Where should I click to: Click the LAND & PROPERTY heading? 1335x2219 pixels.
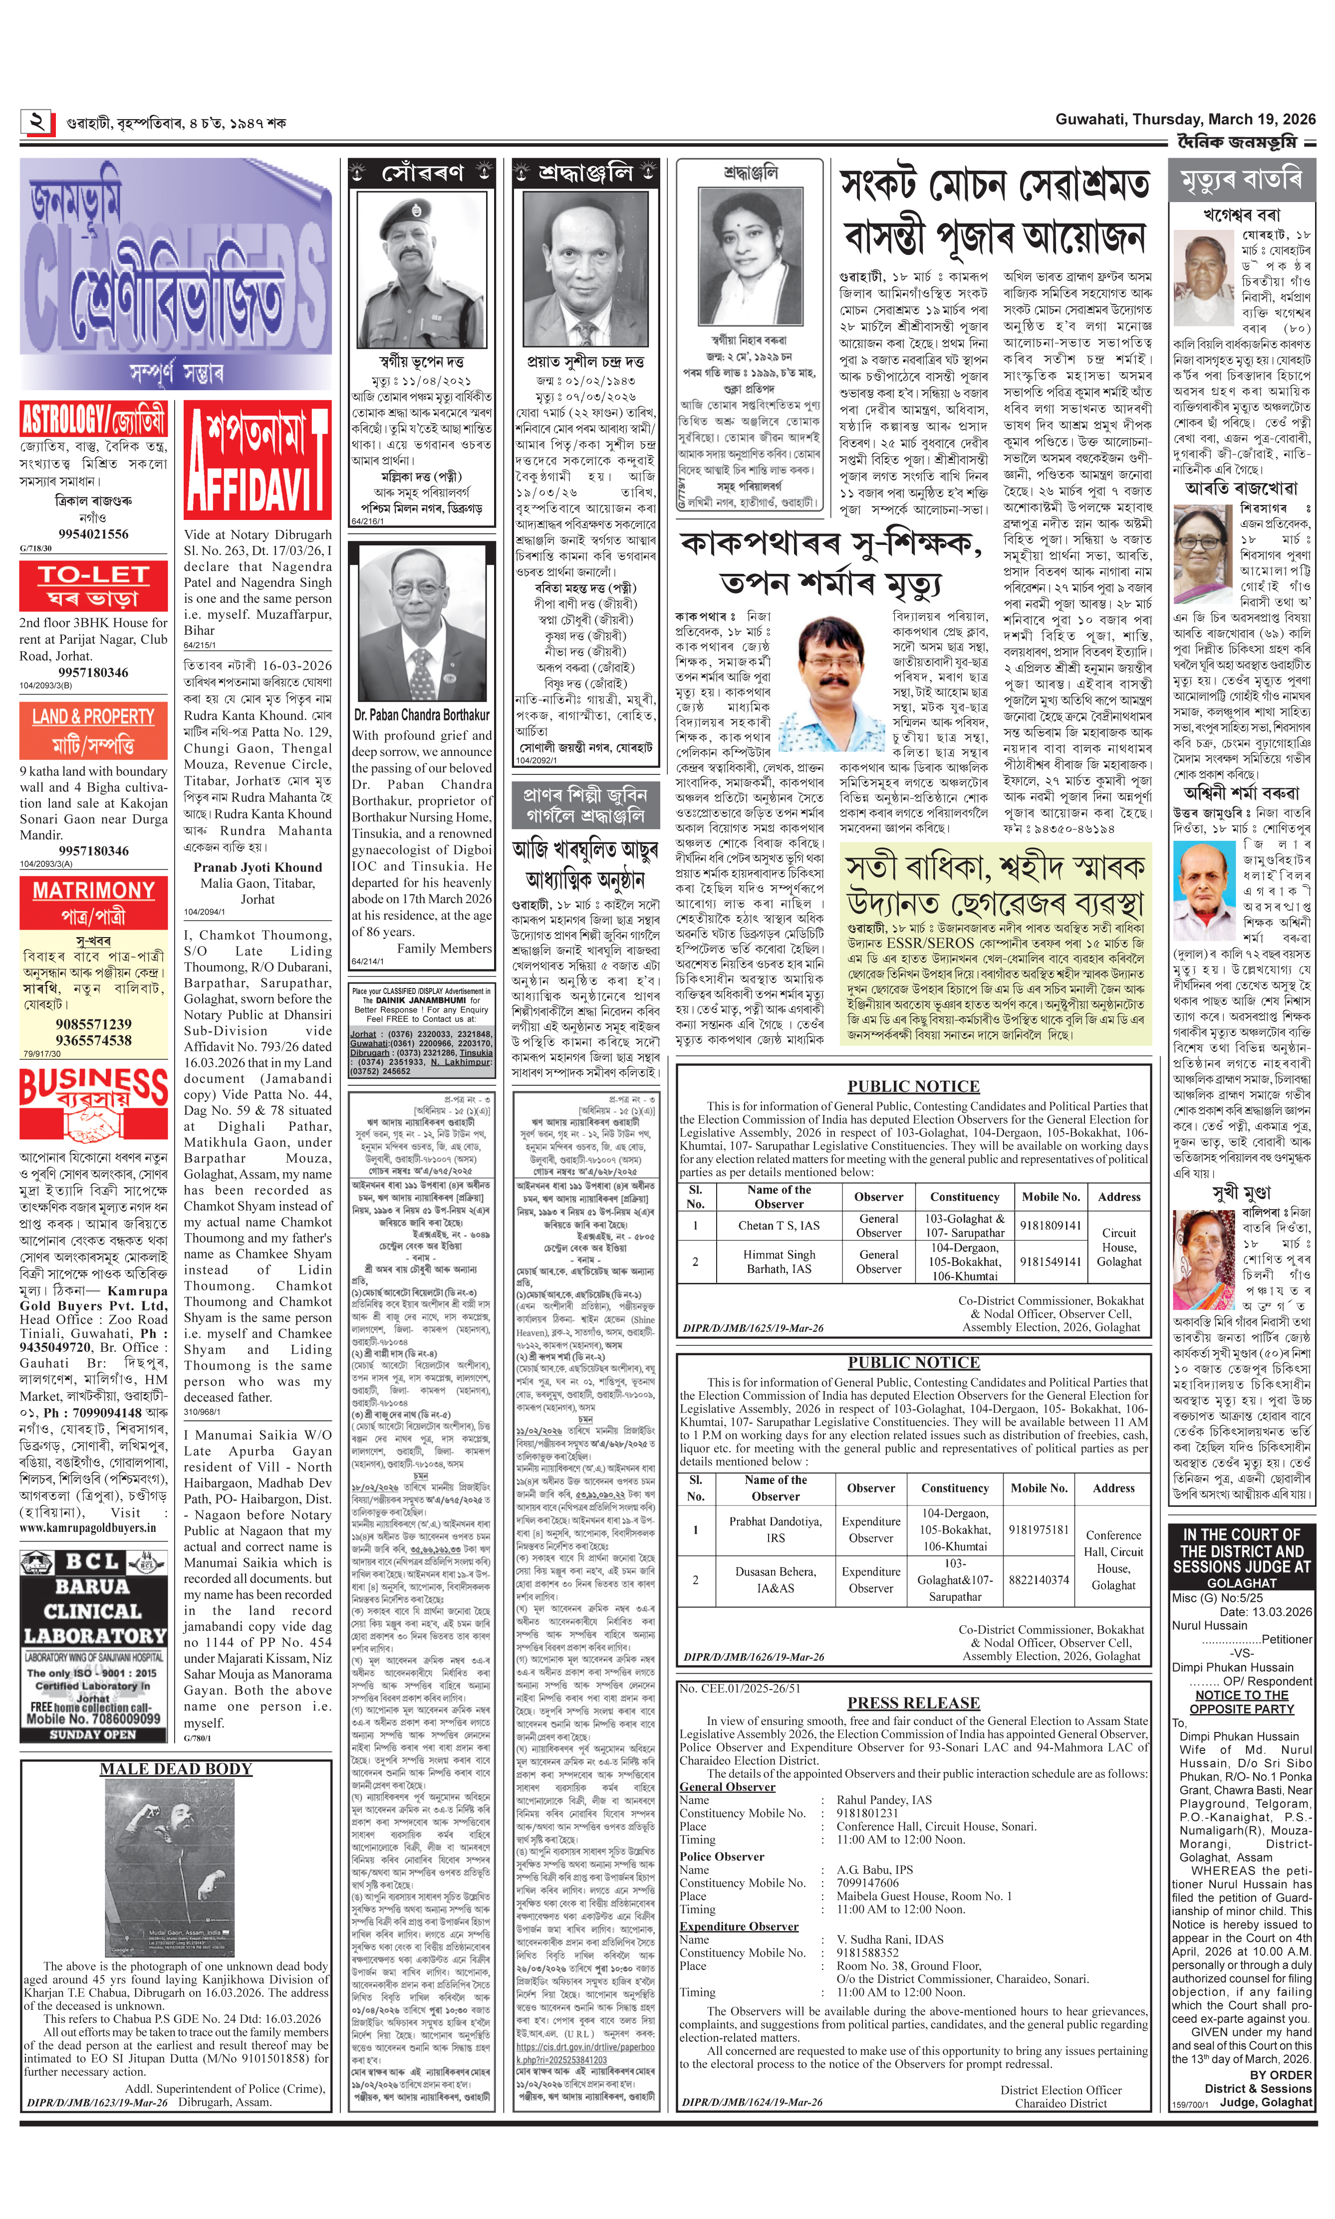pos(93,730)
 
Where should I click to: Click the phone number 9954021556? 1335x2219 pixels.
pos(93,533)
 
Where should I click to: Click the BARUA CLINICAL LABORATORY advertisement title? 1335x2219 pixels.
pos(93,1611)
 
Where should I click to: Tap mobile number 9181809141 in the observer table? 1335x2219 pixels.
pos(1050,1225)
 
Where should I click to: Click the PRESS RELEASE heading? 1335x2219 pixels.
pos(913,1703)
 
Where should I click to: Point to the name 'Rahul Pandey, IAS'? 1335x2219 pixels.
pos(883,1800)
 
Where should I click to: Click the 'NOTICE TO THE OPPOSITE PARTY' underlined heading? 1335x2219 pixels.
pos(1242,1702)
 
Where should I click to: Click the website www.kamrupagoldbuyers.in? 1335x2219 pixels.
pos(87,1527)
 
